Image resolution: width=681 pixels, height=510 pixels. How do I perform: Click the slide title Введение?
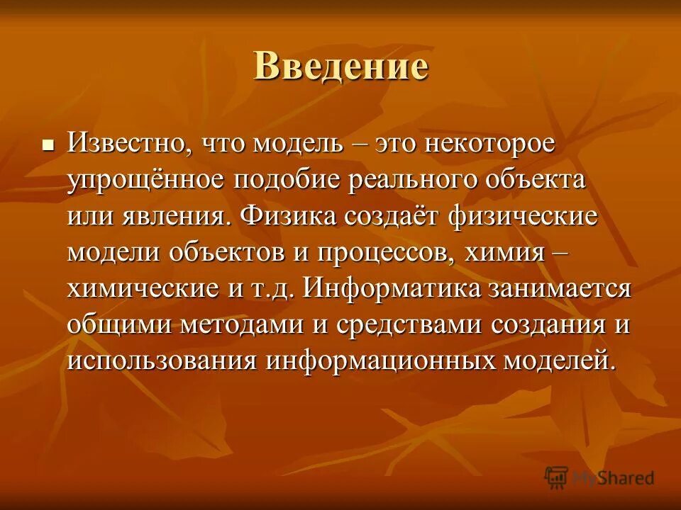pos(340,67)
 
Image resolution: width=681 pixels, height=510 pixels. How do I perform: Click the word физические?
pos(524,215)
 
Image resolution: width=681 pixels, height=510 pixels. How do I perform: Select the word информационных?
pos(382,360)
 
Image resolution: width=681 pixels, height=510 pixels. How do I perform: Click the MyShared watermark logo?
pos(599,477)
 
